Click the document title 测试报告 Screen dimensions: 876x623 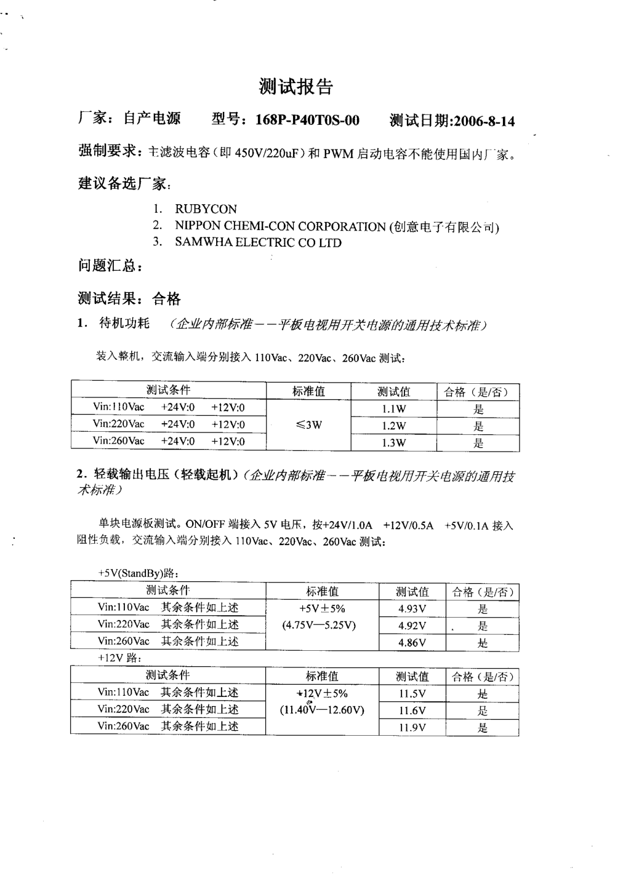pyautogui.click(x=295, y=87)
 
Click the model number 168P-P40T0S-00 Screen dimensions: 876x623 pyautogui.click(x=307, y=120)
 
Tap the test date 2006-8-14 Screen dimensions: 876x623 pyautogui.click(x=483, y=121)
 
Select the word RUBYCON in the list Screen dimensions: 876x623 pyautogui.click(x=206, y=209)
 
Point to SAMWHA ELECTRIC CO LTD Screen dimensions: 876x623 pyautogui.click(x=258, y=242)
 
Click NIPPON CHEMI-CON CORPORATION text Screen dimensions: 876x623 pyautogui.click(x=280, y=226)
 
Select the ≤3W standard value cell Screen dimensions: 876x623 pyautogui.click(x=308, y=424)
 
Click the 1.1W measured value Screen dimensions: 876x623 pyautogui.click(x=394, y=409)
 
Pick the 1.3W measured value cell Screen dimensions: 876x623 pyautogui.click(x=394, y=443)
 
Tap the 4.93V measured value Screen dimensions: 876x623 pyautogui.click(x=412, y=609)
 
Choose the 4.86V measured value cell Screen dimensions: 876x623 pyautogui.click(x=412, y=642)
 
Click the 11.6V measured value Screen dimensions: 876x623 pyautogui.click(x=412, y=711)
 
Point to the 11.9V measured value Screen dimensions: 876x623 pyautogui.click(x=412, y=728)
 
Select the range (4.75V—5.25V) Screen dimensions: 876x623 pyautogui.click(x=319, y=626)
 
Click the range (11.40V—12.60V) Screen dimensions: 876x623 pyautogui.click(x=322, y=710)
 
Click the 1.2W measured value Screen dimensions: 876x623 pyautogui.click(x=394, y=426)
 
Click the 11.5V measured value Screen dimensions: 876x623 pyautogui.click(x=412, y=694)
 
